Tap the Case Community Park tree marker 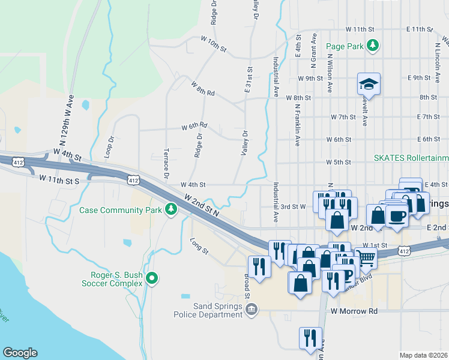point(171,209)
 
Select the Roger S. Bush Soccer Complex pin point(152,278)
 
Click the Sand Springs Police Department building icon point(251,308)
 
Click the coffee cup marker point(397,215)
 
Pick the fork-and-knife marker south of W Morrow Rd point(310,338)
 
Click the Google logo point(20,353)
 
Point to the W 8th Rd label point(203,88)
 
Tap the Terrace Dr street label point(166,163)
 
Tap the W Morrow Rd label point(354,311)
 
